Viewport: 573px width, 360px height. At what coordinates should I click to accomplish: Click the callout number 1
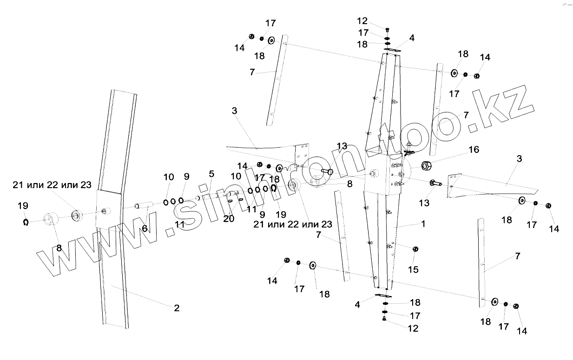[423, 223]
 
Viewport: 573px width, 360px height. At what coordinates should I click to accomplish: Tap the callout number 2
[177, 308]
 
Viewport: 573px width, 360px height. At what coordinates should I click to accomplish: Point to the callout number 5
[211, 174]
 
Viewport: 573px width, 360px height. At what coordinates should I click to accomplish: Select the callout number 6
[145, 228]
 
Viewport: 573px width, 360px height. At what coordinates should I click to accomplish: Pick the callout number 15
[413, 269]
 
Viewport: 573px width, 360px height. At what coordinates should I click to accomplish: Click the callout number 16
[474, 150]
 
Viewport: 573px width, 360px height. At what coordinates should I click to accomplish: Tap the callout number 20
[229, 218]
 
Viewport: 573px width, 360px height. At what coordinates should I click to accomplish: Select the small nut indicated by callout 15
[415, 249]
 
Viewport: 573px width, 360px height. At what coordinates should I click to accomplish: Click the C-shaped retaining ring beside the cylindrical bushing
[26, 223]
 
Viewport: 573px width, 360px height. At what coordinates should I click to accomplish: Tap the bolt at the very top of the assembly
[387, 29]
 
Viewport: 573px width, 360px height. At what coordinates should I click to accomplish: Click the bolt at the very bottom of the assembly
[384, 319]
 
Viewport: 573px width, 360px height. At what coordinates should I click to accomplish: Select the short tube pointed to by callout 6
[144, 205]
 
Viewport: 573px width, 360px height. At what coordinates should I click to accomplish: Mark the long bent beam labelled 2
[116, 209]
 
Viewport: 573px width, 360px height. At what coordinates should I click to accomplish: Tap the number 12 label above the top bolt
[362, 21]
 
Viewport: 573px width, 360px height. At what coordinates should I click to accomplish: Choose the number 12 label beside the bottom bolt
[413, 328]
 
